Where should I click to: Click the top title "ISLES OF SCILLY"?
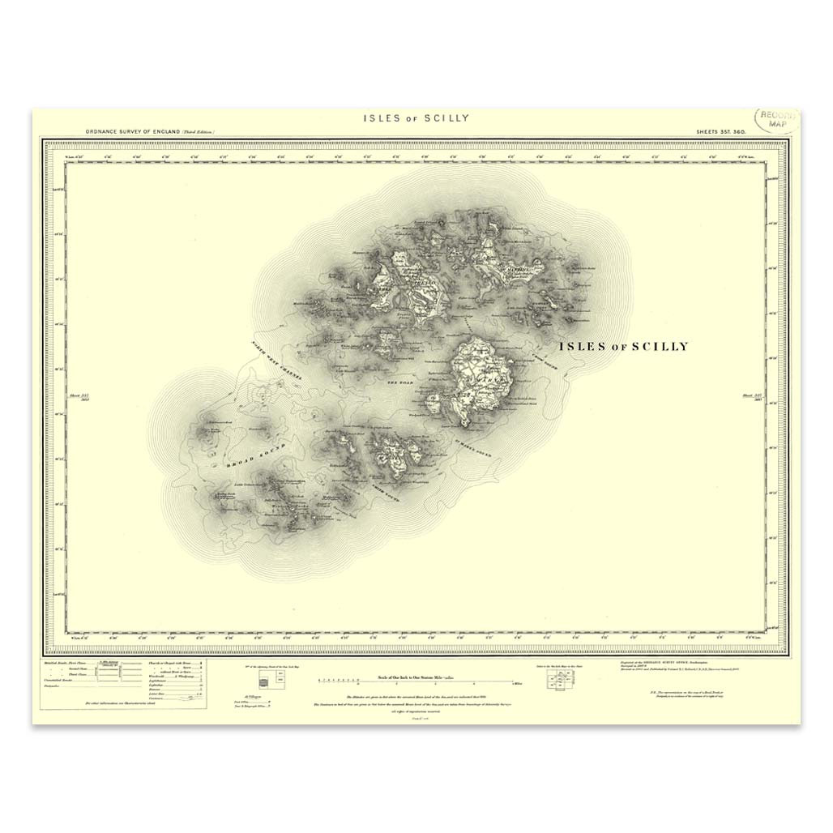[416, 118]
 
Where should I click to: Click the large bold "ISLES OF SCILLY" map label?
[623, 347]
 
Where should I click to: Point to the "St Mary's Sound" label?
[470, 450]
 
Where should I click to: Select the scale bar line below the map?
[417, 683]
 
